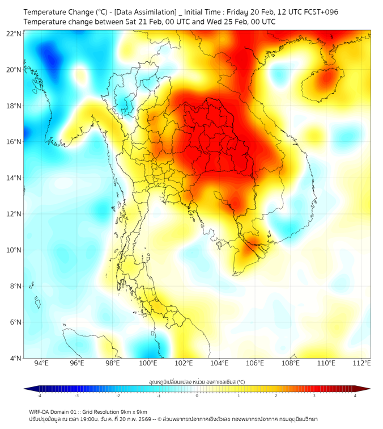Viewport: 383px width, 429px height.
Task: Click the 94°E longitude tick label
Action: click(41, 363)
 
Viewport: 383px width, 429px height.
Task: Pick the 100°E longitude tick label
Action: click(148, 363)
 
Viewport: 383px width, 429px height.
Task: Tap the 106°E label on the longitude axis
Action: click(255, 363)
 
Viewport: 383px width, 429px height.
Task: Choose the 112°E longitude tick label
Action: click(362, 363)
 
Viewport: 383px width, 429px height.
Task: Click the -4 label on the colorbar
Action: click(39, 396)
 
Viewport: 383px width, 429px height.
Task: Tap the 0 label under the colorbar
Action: click(197, 396)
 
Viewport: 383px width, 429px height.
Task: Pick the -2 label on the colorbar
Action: click(117, 396)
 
